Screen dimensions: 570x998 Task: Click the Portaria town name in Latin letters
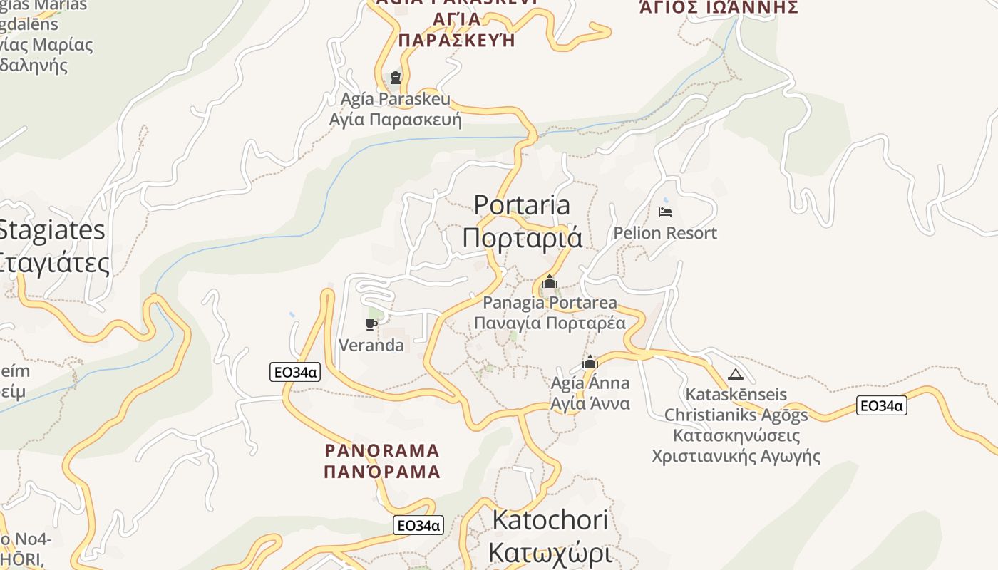[x=522, y=205]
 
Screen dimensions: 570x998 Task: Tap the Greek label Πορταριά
[x=522, y=237]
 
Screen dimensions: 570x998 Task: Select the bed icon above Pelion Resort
[x=665, y=212]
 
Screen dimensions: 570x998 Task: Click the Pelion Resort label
[x=665, y=233]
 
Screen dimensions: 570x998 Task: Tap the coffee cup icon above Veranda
[x=371, y=325]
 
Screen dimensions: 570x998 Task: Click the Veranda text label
[x=371, y=346]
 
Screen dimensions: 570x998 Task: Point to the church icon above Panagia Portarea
[x=549, y=282]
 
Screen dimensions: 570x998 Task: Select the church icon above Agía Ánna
[x=590, y=362]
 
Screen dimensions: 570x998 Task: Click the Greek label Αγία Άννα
[x=590, y=403]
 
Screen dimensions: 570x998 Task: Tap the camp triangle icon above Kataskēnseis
[x=736, y=374]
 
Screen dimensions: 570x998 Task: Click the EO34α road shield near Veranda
[x=295, y=371]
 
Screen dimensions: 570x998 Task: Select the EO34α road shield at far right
[x=881, y=406]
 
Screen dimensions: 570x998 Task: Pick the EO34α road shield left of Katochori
[x=418, y=526]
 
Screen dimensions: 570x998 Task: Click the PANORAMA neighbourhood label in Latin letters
[x=382, y=451]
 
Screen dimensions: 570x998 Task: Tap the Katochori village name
[x=550, y=520]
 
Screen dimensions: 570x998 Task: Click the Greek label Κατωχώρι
[x=550, y=552]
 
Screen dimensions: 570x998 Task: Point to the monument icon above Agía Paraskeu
[x=396, y=77]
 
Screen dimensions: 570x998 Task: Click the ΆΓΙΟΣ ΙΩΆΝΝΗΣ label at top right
[x=718, y=8]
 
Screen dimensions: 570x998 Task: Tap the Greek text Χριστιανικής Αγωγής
[x=736, y=456]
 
